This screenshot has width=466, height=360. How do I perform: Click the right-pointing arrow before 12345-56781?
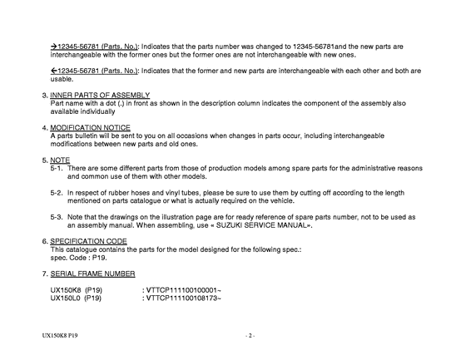[54, 47]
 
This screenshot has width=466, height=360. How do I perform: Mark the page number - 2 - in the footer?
[249, 336]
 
